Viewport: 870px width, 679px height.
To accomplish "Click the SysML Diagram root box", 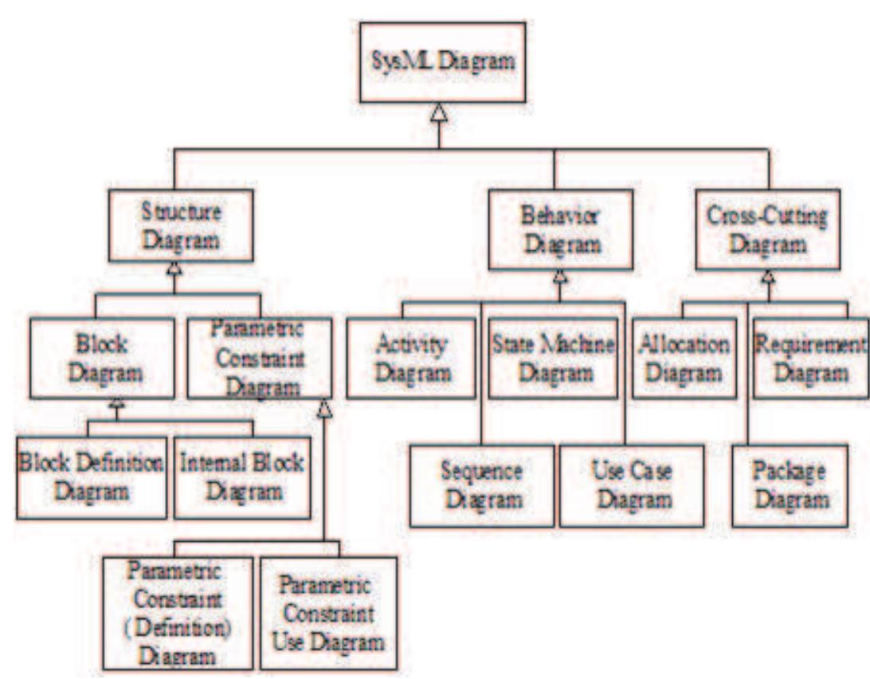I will click(x=442, y=62).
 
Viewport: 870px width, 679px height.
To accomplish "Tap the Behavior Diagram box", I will click(x=560, y=230).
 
